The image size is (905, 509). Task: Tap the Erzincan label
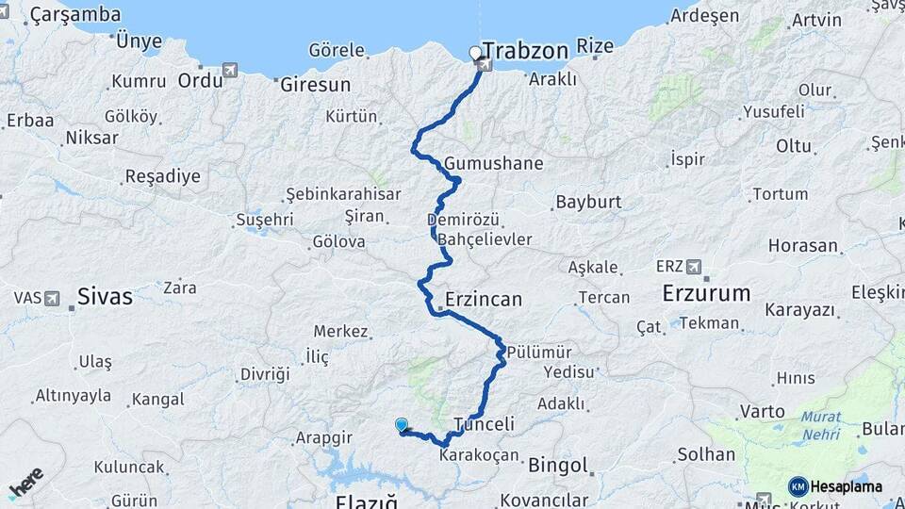click(x=485, y=300)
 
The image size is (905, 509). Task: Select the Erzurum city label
click(x=706, y=292)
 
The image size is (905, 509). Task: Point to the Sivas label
click(x=105, y=296)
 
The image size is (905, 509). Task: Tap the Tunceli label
click(x=484, y=424)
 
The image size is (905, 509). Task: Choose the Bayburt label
click(x=588, y=202)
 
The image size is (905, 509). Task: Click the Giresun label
click(x=315, y=84)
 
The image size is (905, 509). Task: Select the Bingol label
click(x=558, y=465)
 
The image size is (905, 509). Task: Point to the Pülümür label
click(x=539, y=352)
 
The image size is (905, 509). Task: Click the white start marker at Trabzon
click(x=475, y=53)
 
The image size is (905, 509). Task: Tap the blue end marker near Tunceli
click(x=402, y=425)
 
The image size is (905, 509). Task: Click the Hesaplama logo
click(x=835, y=486)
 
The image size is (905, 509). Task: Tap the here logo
click(x=26, y=482)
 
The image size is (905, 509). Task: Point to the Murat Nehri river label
click(x=821, y=426)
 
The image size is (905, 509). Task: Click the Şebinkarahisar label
click(x=343, y=194)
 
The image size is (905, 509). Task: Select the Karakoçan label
click(x=479, y=455)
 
